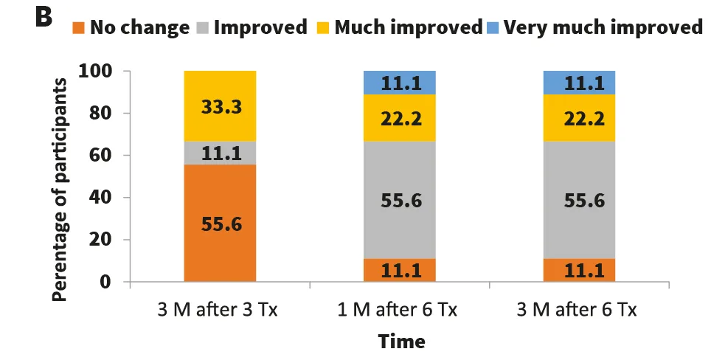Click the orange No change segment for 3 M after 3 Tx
[x=220, y=223]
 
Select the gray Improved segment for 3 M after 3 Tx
[x=220, y=153]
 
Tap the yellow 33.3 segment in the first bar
[x=220, y=106]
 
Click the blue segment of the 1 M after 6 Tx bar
[x=400, y=83]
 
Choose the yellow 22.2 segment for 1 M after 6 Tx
[x=400, y=117]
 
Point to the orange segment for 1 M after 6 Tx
[x=400, y=270]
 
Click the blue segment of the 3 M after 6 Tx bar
[x=579, y=83]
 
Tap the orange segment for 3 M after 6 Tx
[x=579, y=270]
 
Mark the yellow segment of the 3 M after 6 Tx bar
[x=579, y=117]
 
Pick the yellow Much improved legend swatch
[x=323, y=28]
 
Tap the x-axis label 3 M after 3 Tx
[x=220, y=309]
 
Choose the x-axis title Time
[x=401, y=342]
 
